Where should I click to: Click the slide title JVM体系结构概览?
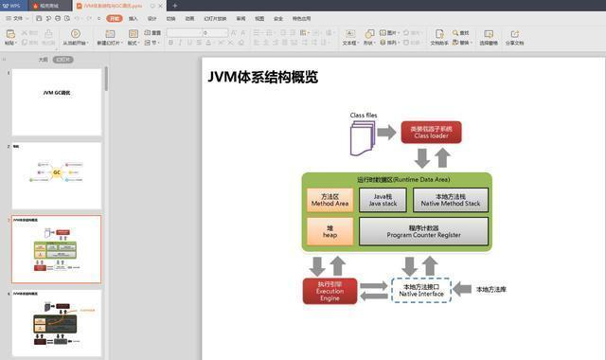click(262, 78)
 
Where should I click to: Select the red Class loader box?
click(431, 132)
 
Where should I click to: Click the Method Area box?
click(330, 200)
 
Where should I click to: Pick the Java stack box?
click(383, 200)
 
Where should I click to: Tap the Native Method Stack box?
click(450, 200)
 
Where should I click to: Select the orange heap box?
click(330, 231)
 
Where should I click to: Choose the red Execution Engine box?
click(329, 291)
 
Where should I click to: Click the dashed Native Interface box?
click(421, 290)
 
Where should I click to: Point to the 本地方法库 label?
click(490, 289)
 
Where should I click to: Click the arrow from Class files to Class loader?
click(386, 133)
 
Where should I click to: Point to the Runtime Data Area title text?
click(396, 179)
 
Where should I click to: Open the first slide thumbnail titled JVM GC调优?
click(56, 101)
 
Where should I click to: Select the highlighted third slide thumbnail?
click(56, 248)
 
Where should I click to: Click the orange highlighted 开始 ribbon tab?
click(114, 18)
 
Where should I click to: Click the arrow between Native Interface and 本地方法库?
click(461, 289)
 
